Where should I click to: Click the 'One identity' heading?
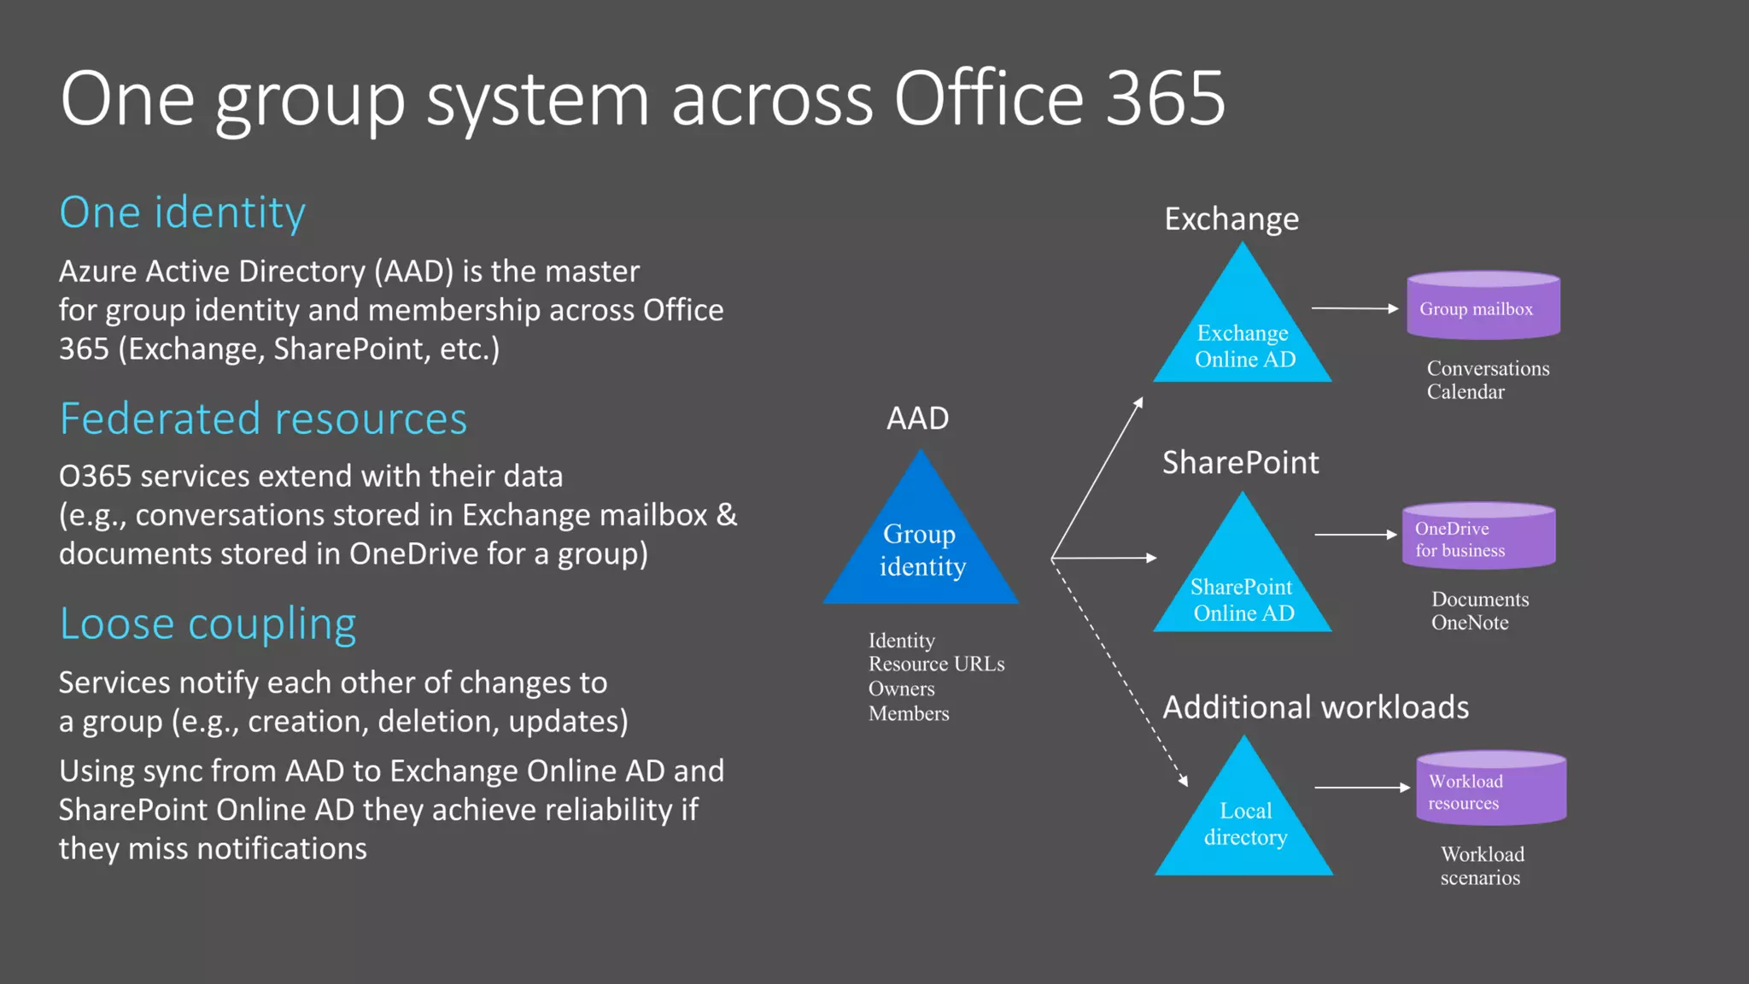pyautogui.click(x=182, y=213)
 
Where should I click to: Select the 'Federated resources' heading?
pyautogui.click(x=263, y=419)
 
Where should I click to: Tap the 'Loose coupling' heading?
pyautogui.click(x=208, y=624)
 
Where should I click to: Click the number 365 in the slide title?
pyautogui.click(x=1165, y=99)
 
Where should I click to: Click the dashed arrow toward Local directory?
pyautogui.click(x=1119, y=671)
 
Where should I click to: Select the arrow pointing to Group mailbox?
pyautogui.click(x=1354, y=308)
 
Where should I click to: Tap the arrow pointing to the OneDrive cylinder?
pyautogui.click(x=1355, y=535)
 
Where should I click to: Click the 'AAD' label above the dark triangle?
pyautogui.click(x=917, y=419)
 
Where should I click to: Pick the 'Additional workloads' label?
pyautogui.click(x=1315, y=707)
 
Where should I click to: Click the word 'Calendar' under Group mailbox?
pyautogui.click(x=1465, y=392)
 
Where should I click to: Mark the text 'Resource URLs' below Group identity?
pyautogui.click(x=936, y=665)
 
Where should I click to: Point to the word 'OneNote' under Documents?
pyautogui.click(x=1470, y=623)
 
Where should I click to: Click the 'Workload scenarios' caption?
pyautogui.click(x=1482, y=866)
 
